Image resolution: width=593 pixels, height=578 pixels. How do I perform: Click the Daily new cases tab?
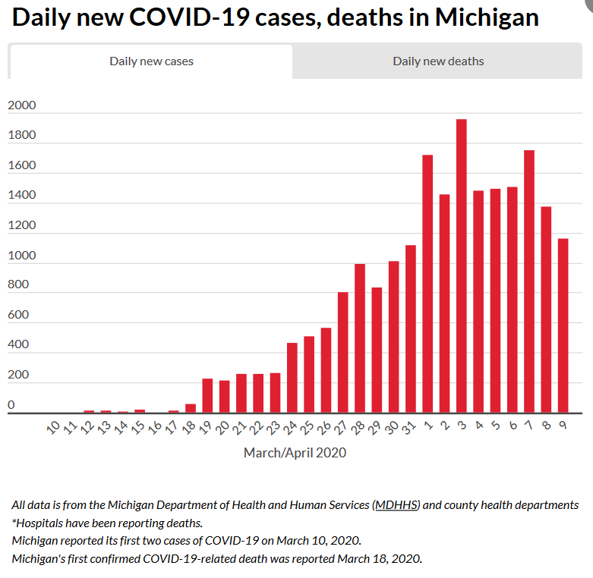tap(151, 61)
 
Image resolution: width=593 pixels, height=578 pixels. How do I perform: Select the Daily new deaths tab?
tap(438, 61)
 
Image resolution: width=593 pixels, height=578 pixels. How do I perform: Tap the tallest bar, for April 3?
tap(462, 265)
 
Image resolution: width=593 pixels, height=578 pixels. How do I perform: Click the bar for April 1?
tap(427, 284)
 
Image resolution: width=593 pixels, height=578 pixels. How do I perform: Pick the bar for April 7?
tap(529, 281)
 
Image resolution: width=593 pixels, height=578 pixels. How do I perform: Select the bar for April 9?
tap(563, 325)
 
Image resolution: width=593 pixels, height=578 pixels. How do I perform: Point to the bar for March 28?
tap(360, 338)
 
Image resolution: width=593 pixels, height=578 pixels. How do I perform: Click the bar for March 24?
tap(292, 378)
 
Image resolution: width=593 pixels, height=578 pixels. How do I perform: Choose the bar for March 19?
tap(207, 395)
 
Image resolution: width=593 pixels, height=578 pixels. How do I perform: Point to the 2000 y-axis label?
tap(21, 105)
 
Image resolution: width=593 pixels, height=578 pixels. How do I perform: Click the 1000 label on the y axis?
tap(21, 256)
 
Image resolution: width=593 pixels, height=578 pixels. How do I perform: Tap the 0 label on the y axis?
tap(11, 405)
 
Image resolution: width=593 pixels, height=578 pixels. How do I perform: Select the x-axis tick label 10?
tap(53, 429)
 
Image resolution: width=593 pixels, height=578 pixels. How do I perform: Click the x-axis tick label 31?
tap(409, 429)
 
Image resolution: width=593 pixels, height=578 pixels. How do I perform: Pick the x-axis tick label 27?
tap(341, 429)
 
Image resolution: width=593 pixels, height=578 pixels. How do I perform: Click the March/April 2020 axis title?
tap(295, 453)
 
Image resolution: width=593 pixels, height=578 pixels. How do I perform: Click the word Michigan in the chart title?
tap(487, 17)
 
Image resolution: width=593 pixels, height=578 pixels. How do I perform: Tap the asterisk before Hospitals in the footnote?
tap(14, 523)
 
